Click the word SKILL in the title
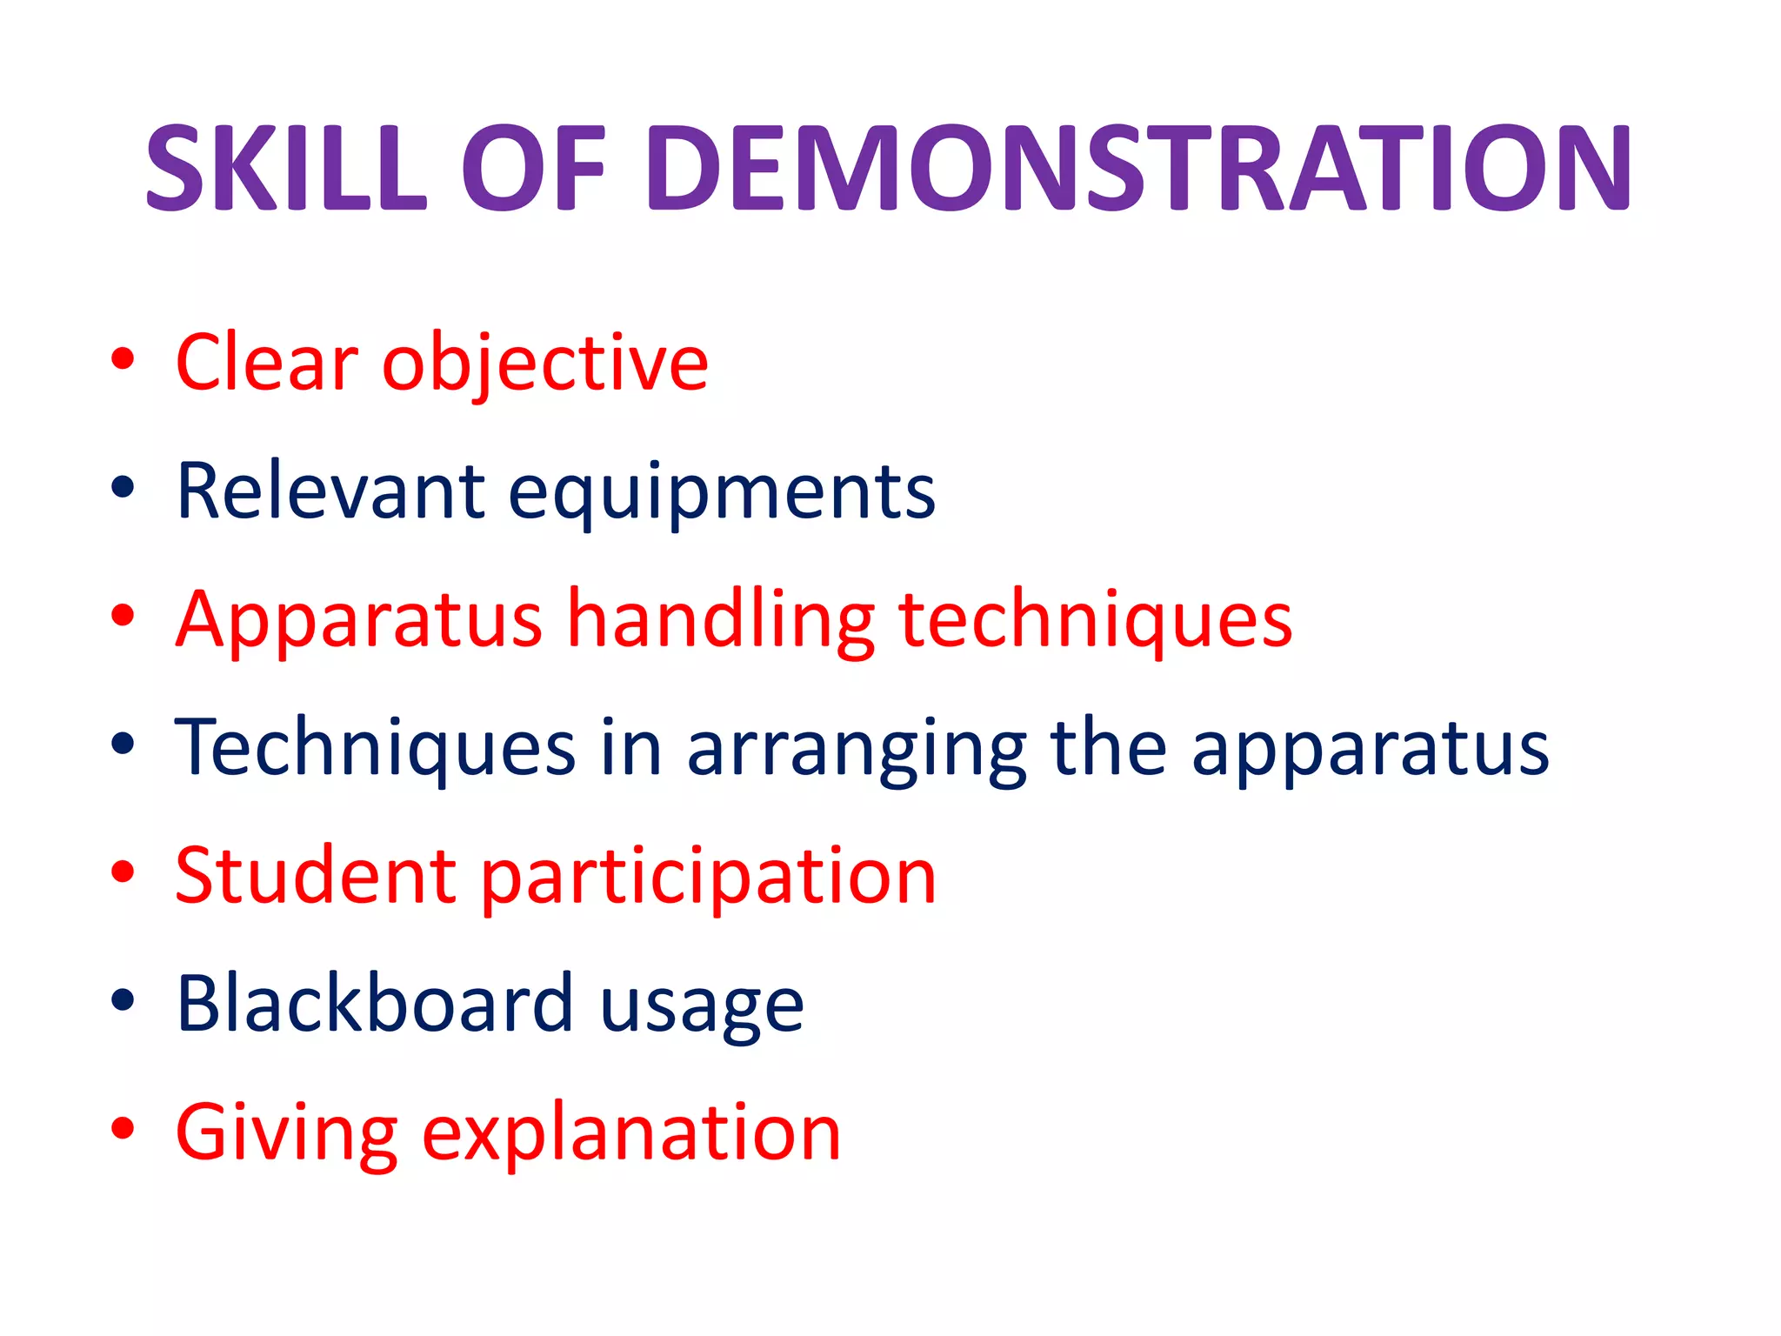click(x=287, y=168)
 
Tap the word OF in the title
click(x=533, y=168)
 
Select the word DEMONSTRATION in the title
click(x=1140, y=168)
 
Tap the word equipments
click(x=722, y=494)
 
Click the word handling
click(x=722, y=621)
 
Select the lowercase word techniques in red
click(x=1096, y=621)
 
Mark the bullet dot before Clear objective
click(x=123, y=359)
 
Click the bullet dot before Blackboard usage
click(x=123, y=1001)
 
